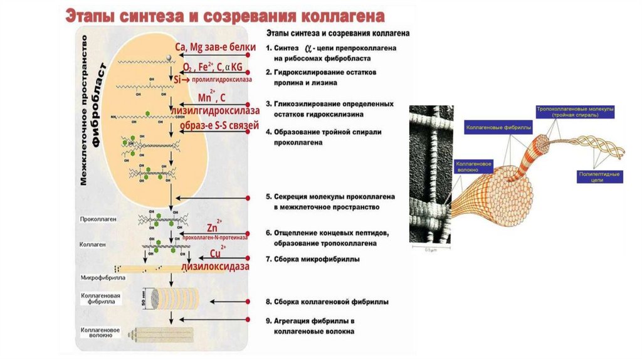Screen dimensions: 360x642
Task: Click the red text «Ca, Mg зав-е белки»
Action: (215, 48)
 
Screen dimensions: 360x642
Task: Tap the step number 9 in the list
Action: (268, 320)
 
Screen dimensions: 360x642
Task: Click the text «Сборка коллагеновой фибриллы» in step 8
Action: (330, 302)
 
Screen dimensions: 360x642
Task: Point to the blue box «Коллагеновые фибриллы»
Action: (498, 129)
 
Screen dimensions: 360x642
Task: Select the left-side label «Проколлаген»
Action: (96, 220)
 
